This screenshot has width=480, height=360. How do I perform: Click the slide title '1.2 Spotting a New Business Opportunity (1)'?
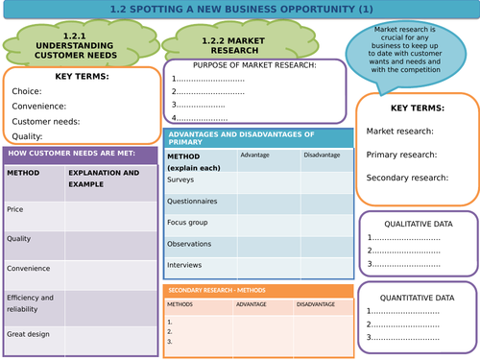click(239, 10)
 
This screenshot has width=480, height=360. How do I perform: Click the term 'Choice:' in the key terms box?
click(27, 91)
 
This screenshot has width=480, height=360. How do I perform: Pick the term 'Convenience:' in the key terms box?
click(39, 107)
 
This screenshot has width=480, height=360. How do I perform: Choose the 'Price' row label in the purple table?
click(15, 208)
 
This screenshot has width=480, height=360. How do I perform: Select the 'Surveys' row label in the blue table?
click(180, 179)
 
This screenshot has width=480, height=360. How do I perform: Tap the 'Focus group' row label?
click(189, 222)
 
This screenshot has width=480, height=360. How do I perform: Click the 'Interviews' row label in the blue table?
click(184, 264)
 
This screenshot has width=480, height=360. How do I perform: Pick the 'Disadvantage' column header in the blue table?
click(321, 155)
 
